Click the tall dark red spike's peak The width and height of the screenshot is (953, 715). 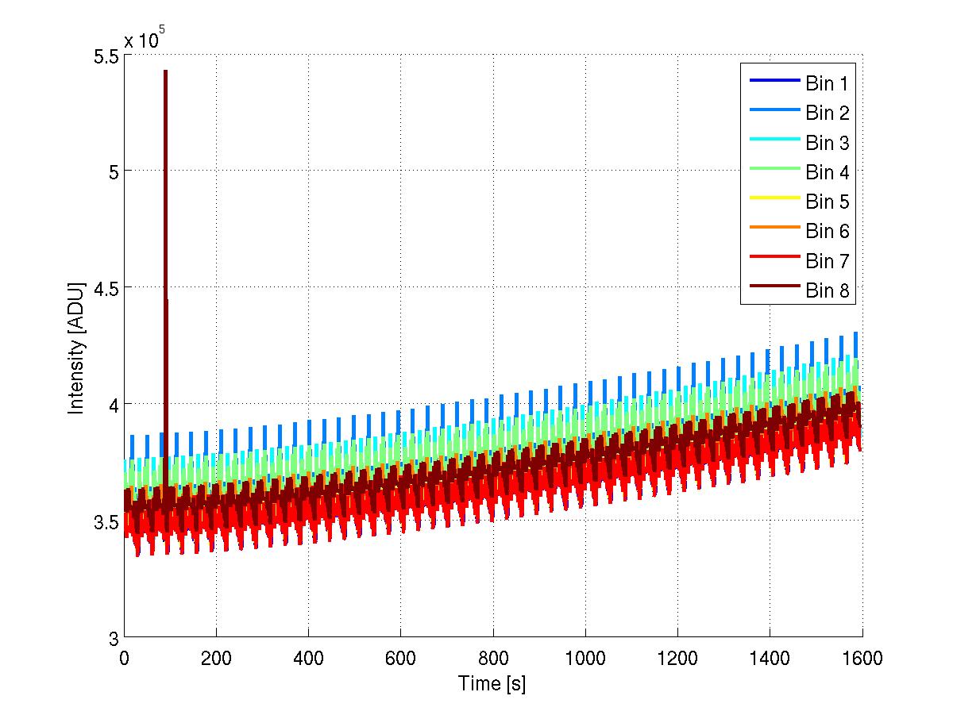pos(165,71)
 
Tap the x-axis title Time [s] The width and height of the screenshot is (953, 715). pos(492,682)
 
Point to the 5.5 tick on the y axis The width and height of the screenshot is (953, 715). pos(104,56)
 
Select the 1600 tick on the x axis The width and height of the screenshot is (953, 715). pos(862,658)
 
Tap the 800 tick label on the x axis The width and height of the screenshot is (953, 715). pos(493,658)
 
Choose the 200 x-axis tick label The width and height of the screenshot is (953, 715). pos(216,658)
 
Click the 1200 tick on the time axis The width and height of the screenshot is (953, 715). pos(677,658)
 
